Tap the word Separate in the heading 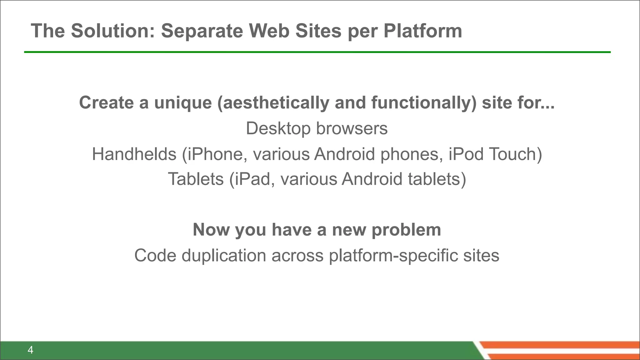[x=202, y=31]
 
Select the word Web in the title [x=269, y=31]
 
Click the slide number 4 [x=30, y=350]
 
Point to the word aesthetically [x=273, y=103]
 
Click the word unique [x=183, y=103]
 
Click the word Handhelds [x=134, y=154]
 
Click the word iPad [x=252, y=179]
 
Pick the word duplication [x=224, y=255]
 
